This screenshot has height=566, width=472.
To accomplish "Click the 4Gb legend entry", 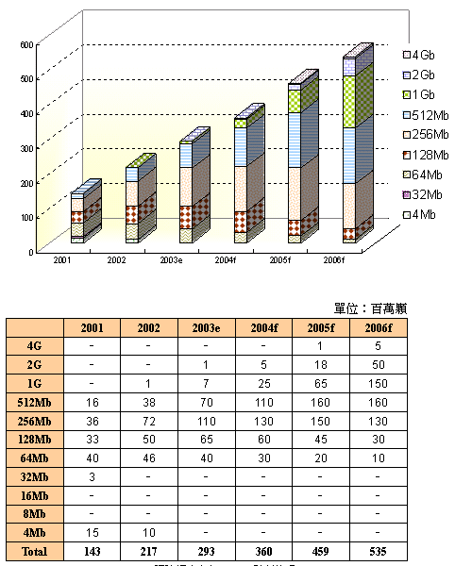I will [x=421, y=55].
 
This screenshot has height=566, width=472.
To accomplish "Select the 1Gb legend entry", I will [x=421, y=94].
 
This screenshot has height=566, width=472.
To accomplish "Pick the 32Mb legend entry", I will [x=423, y=194].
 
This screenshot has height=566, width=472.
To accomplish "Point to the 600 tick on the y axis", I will [x=25, y=44].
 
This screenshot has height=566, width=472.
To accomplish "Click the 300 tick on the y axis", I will [x=25, y=148].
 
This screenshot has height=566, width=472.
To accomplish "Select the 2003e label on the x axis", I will [x=172, y=258].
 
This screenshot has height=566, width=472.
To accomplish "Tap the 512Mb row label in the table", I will [x=36, y=402].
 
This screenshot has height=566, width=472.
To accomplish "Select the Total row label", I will [x=36, y=549].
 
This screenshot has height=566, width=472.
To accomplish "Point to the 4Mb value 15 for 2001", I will [x=92, y=530].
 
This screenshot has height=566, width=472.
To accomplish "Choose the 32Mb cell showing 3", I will [x=92, y=475].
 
